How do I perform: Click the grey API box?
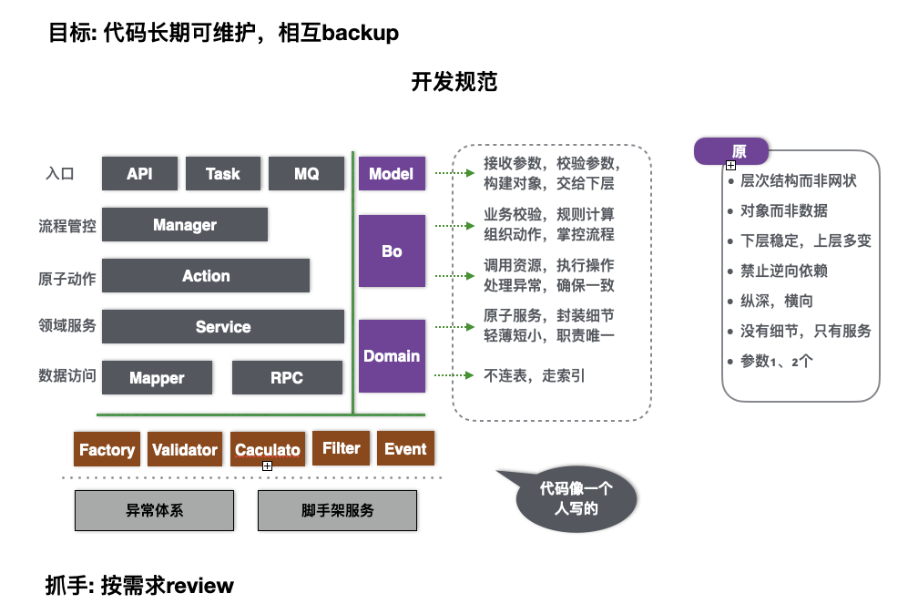point(139,173)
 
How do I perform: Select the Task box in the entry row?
point(222,173)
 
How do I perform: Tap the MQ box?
point(306,173)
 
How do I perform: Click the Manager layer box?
point(185,225)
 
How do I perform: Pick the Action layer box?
point(206,276)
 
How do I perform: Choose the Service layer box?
point(223,327)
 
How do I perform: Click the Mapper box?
point(157,378)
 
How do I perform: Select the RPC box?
point(287,378)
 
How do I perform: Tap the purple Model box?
point(392,173)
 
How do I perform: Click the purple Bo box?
point(392,251)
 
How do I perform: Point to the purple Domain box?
point(392,355)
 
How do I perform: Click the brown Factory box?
point(107,449)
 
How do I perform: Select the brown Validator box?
point(185,449)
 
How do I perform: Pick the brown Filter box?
point(342,448)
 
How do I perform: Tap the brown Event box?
point(405,448)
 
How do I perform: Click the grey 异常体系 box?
point(154,510)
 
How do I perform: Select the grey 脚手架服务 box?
point(337,510)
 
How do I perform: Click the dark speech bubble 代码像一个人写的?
point(576,499)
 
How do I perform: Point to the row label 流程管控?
point(67,226)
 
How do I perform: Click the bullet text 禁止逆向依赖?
point(783,271)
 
